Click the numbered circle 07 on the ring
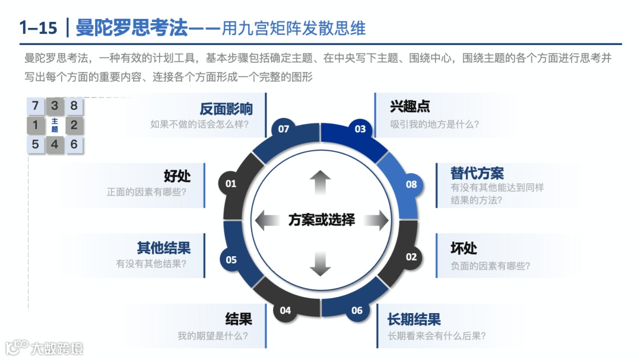(x=284, y=129)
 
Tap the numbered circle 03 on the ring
(x=360, y=129)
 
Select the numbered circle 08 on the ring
(x=411, y=184)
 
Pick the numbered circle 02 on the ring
(x=411, y=257)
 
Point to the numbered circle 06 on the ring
(x=357, y=310)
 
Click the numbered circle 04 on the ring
(x=285, y=310)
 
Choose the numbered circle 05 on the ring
(x=231, y=260)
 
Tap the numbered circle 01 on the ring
(x=231, y=184)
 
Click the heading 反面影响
(x=226, y=109)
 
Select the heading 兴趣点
(x=410, y=107)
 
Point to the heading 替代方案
(x=477, y=173)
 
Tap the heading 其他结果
(x=164, y=248)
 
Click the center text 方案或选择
(x=321, y=220)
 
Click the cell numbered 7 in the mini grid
(x=36, y=106)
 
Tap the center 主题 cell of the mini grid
(x=55, y=125)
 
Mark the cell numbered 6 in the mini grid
(x=74, y=144)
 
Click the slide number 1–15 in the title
(x=39, y=27)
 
